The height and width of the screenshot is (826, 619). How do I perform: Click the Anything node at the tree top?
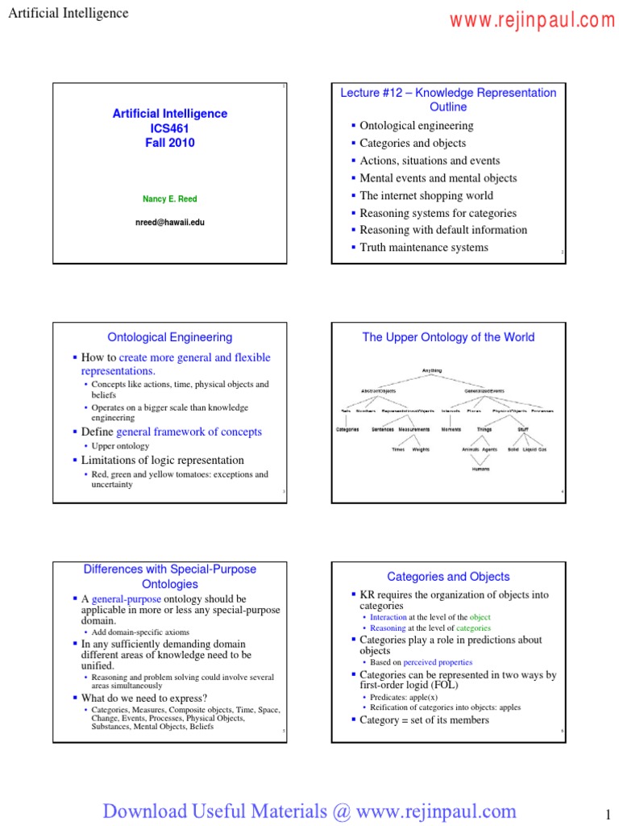point(432,370)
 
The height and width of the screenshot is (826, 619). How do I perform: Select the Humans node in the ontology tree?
point(480,468)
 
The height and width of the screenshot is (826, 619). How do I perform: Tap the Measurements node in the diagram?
point(414,429)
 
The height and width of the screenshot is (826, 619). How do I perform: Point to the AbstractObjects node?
point(378,390)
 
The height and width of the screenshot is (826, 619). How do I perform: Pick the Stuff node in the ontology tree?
point(523,429)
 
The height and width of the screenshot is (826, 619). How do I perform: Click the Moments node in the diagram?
point(451,429)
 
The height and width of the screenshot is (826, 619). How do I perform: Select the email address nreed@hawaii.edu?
point(170,222)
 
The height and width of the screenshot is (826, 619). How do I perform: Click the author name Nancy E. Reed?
point(170,198)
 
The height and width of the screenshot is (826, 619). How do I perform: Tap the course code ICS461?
point(170,128)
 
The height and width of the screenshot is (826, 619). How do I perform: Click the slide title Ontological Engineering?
point(170,337)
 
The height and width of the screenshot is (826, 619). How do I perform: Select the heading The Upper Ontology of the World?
point(448,337)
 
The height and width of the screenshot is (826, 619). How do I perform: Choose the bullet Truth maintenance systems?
point(424,247)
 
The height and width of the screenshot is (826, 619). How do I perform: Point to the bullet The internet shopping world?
point(426,195)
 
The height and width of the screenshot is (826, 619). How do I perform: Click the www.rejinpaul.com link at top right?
point(532,21)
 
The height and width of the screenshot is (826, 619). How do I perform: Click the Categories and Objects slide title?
point(448,577)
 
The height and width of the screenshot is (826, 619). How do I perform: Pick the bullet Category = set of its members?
point(424,720)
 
